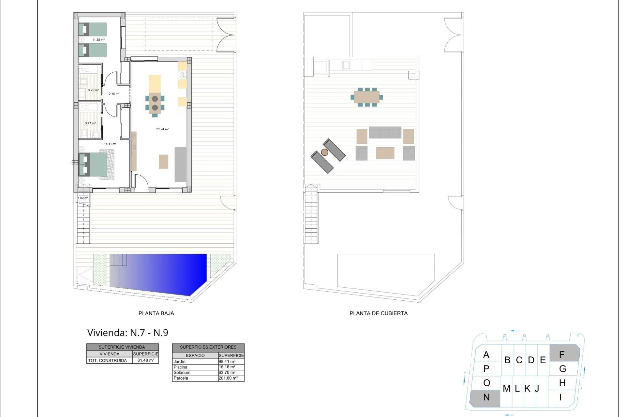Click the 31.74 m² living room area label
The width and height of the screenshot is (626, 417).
pos(162,129)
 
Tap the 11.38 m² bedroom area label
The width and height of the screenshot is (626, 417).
pos(98,40)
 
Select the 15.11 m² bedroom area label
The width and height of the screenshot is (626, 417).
pos(110,144)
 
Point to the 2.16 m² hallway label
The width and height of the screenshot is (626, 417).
pos(114,94)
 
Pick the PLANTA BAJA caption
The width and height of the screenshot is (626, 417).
pos(156,313)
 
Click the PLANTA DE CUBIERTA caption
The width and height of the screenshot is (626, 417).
pos(379,313)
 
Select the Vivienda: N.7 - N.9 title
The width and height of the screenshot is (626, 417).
pos(128,333)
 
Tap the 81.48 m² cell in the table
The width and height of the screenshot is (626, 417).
pos(145,360)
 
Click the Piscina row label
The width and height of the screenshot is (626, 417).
pos(180,367)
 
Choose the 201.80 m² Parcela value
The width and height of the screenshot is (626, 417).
pos(228,378)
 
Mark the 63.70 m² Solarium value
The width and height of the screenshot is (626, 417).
pos(227,372)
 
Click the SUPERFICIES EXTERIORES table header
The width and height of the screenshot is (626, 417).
pos(208,347)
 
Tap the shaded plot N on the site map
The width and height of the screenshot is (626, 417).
pos(486,398)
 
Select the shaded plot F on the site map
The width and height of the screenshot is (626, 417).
pos(563,354)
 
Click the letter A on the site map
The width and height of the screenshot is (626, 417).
pos(486,355)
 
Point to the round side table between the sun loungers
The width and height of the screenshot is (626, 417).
pos(324,152)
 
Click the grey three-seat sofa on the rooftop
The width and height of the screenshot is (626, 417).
pos(385,133)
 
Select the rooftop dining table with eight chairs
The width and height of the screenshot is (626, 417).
pos(367,97)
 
